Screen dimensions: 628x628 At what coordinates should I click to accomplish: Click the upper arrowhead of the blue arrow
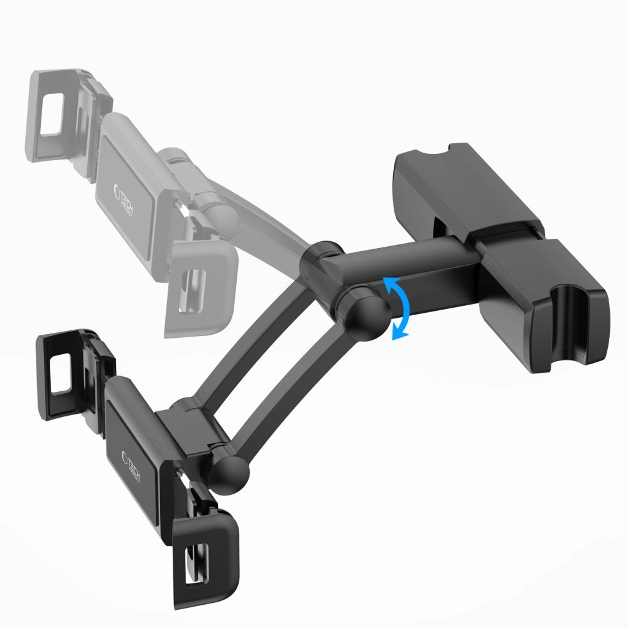tap(393, 284)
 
